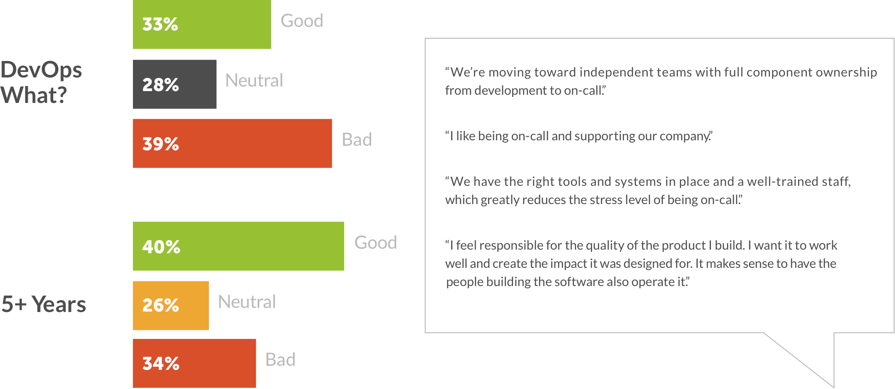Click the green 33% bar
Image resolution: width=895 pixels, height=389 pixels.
click(202, 24)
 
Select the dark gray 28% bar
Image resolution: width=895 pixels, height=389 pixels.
click(174, 84)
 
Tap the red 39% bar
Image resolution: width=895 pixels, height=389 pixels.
click(232, 143)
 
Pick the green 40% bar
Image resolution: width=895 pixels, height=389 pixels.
click(239, 246)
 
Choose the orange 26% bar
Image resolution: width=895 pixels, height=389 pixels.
click(171, 306)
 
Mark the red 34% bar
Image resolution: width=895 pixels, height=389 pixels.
click(194, 363)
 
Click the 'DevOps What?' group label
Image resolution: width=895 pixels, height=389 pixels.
click(41, 82)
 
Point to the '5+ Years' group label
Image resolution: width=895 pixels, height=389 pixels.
click(44, 304)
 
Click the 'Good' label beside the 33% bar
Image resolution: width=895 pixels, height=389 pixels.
click(302, 21)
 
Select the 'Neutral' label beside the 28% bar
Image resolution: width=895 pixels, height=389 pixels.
click(254, 81)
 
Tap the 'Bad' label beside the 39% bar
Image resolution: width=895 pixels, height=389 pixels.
click(357, 139)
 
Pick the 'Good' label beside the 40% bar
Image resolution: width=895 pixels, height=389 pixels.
click(376, 242)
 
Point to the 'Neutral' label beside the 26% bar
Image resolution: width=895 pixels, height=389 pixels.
click(247, 302)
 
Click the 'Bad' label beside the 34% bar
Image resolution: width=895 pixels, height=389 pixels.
click(280, 360)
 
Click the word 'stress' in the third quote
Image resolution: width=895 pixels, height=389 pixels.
click(598, 200)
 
